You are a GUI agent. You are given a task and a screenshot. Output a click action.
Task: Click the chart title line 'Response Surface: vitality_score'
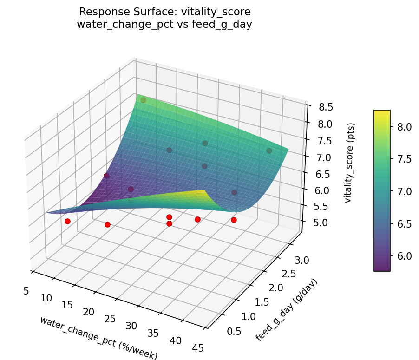tap(164, 12)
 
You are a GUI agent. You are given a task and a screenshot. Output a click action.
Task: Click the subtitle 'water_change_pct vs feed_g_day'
tap(164, 25)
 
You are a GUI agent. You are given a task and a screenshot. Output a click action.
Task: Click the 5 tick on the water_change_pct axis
tap(26, 291)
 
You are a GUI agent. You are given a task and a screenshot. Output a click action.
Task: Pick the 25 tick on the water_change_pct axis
tap(110, 319)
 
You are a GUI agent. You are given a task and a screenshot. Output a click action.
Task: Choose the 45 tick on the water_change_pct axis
tap(197, 348)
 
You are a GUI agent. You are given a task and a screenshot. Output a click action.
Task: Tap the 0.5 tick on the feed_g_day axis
tap(221, 331)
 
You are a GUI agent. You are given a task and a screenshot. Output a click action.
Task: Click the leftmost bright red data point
tap(67, 222)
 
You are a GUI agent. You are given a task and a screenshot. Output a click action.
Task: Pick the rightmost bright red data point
tap(234, 220)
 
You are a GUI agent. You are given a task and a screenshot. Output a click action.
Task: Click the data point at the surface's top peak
tap(143, 100)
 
